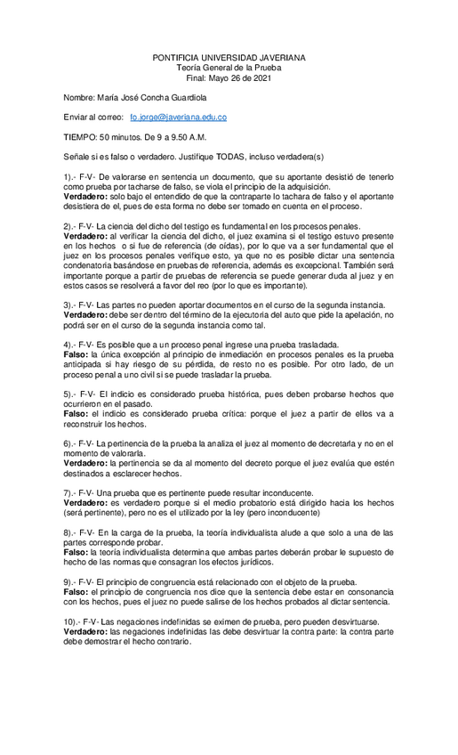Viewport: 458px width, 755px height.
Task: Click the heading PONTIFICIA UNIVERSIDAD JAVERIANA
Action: [229, 57]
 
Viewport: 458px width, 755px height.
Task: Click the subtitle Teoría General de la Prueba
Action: [229, 67]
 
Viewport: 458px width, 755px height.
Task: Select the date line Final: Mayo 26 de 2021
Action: [229, 77]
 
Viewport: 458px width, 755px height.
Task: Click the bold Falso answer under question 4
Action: [75, 354]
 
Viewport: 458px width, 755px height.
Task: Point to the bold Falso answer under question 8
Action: [75, 553]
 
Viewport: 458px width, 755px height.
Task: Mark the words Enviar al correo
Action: [93, 118]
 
